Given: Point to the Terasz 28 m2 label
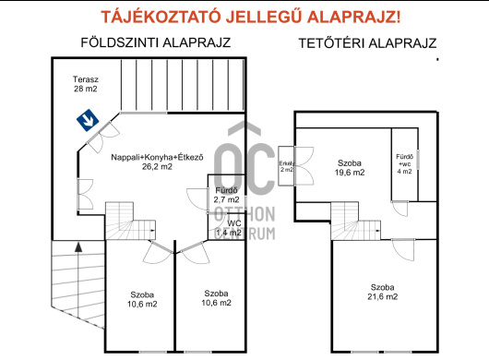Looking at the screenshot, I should [x=87, y=84].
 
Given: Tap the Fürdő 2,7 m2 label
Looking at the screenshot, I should [x=226, y=195].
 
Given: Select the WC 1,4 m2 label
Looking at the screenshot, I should [x=234, y=228].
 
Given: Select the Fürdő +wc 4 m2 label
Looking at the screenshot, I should [x=405, y=163].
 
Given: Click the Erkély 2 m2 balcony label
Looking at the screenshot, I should [x=286, y=167].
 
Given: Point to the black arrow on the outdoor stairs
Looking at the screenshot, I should [x=78, y=247].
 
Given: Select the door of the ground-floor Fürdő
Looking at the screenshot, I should [x=196, y=197].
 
